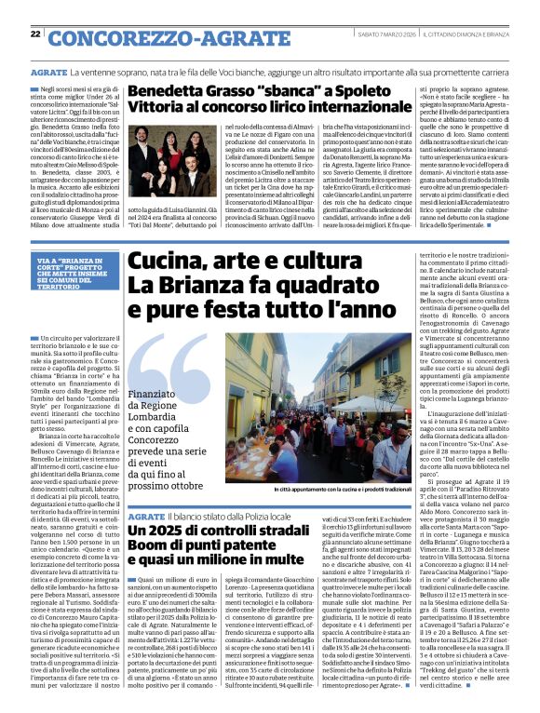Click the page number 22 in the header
[x=35, y=34]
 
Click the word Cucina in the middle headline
[x=164, y=269]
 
